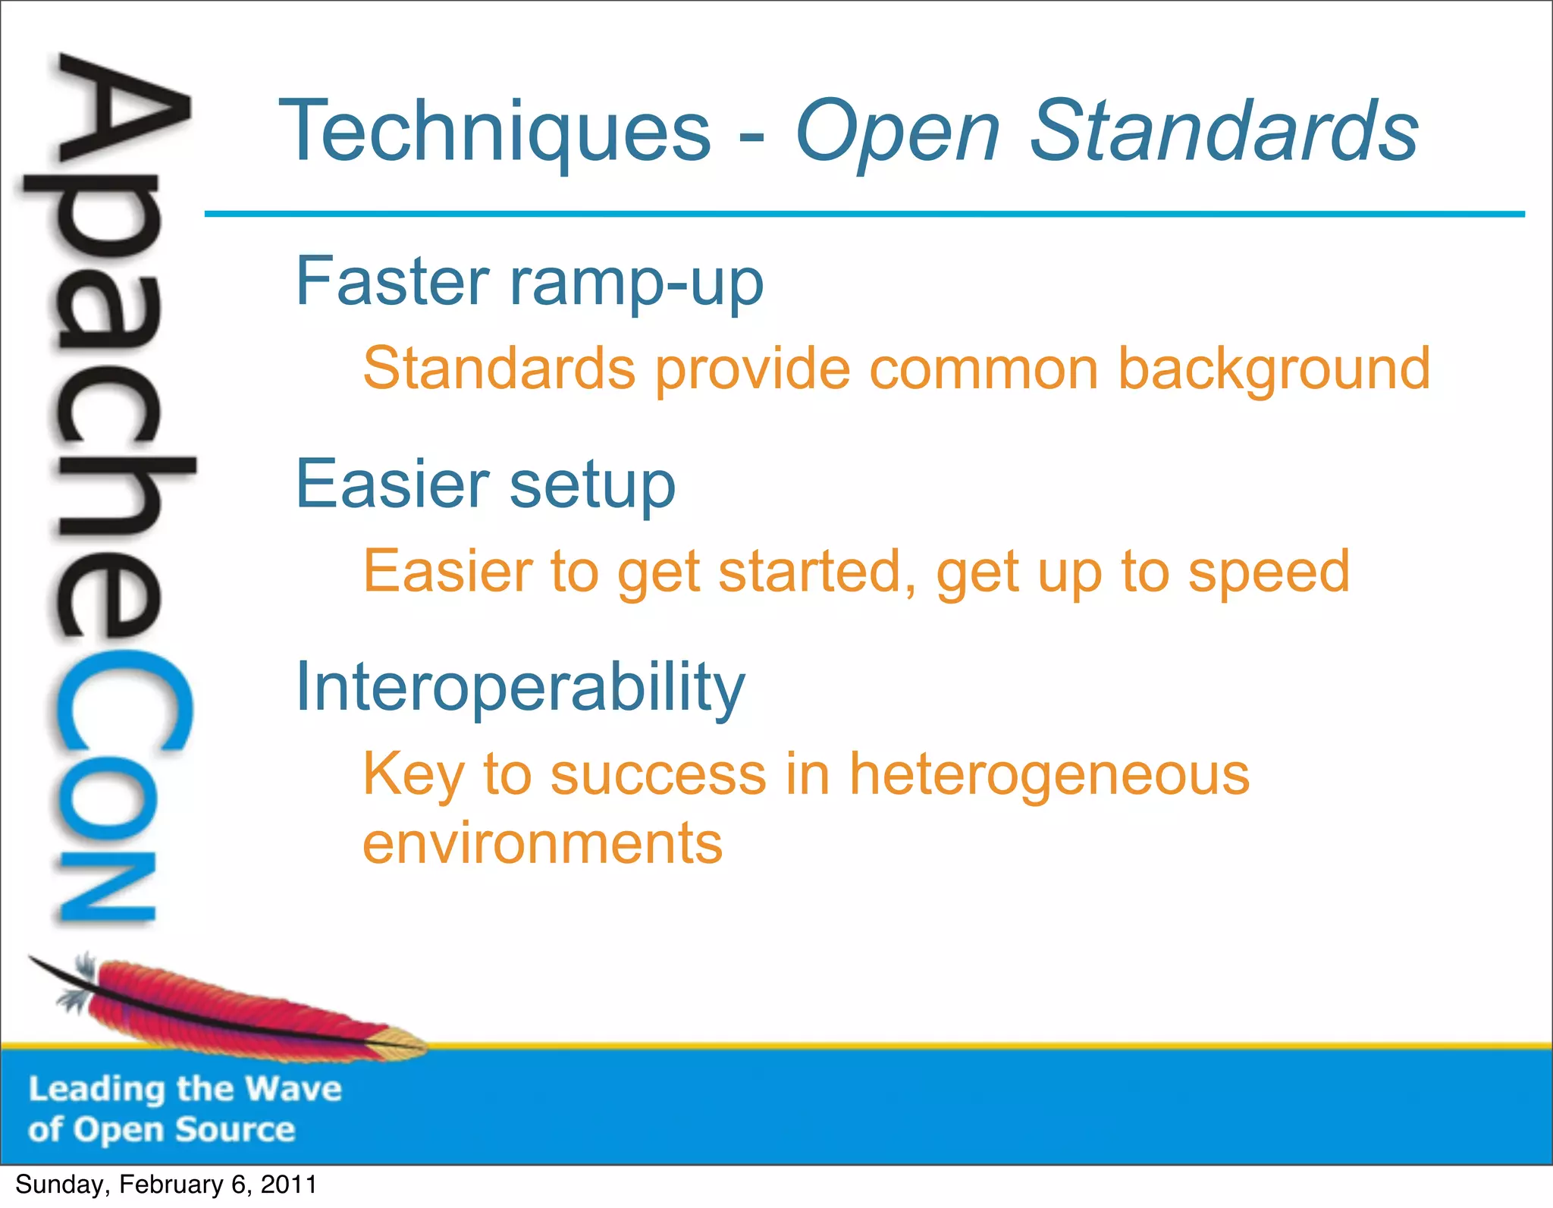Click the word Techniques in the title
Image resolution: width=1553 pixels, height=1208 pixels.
point(495,133)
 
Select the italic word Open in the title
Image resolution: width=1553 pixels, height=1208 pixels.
point(897,133)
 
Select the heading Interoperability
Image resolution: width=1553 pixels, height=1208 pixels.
point(520,688)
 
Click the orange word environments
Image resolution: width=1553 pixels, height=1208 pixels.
point(543,843)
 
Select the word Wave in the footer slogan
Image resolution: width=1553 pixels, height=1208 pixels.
point(293,1089)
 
